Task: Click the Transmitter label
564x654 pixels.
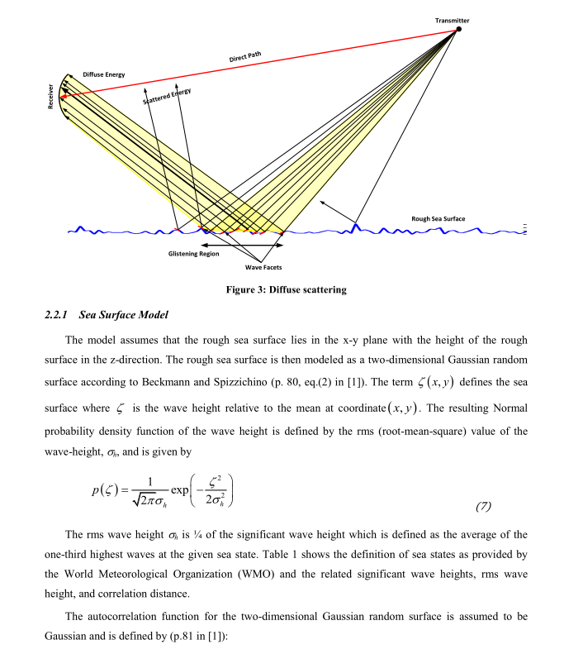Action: (452, 20)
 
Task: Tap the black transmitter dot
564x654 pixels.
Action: (459, 29)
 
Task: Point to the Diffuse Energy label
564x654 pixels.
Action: (104, 74)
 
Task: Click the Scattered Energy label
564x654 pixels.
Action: (167, 97)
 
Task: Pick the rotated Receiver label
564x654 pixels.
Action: (50, 98)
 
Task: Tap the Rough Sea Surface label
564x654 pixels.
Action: (438, 219)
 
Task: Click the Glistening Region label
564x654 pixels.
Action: (193, 254)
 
